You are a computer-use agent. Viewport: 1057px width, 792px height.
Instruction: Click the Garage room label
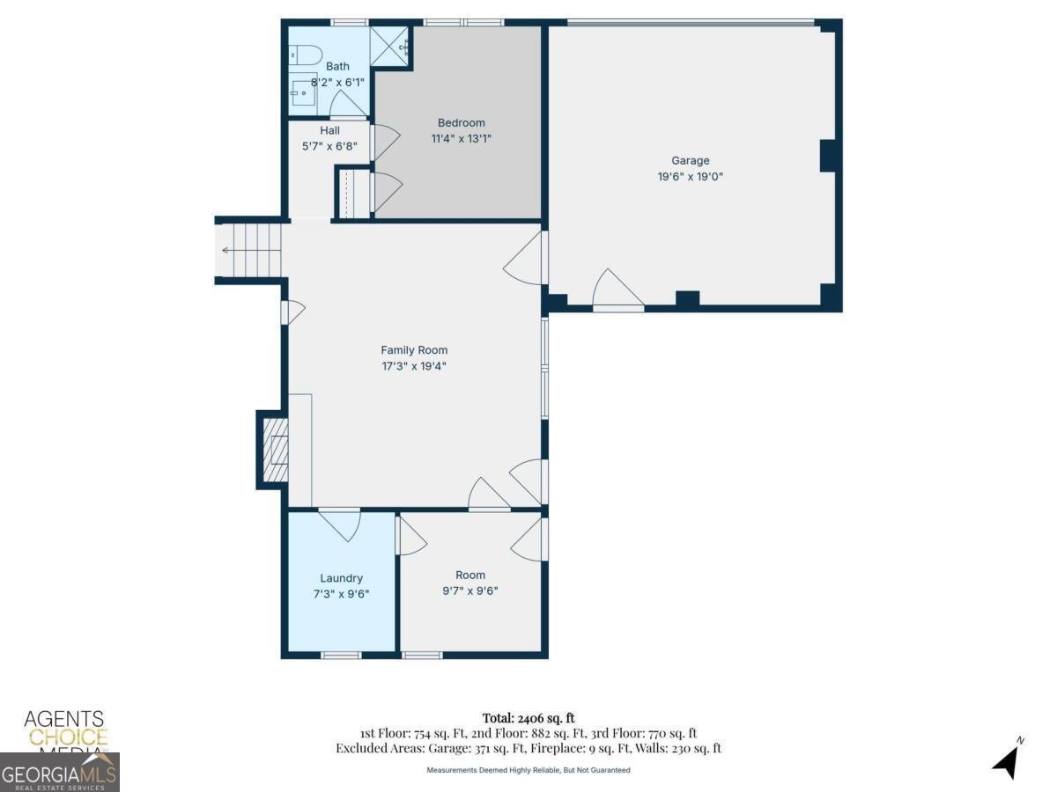tap(690, 160)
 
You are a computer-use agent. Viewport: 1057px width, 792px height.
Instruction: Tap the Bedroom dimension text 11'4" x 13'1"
tap(461, 138)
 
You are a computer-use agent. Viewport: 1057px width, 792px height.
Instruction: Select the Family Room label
tap(414, 350)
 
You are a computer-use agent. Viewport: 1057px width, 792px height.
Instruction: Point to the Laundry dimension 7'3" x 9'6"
tap(341, 593)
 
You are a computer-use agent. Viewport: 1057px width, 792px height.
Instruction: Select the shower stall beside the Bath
tap(389, 47)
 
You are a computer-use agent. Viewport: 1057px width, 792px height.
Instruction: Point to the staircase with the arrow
tap(250, 251)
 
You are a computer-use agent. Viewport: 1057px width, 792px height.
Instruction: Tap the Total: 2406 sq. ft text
tap(528, 718)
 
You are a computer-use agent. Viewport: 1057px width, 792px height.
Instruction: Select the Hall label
tap(329, 130)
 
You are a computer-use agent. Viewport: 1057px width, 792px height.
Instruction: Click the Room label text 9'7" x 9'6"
tap(469, 590)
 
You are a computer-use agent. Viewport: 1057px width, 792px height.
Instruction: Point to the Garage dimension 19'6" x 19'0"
tap(690, 176)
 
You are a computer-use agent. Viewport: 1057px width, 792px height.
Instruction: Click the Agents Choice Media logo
tap(64, 730)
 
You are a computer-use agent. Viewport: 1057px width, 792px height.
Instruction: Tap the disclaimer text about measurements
tap(528, 770)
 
